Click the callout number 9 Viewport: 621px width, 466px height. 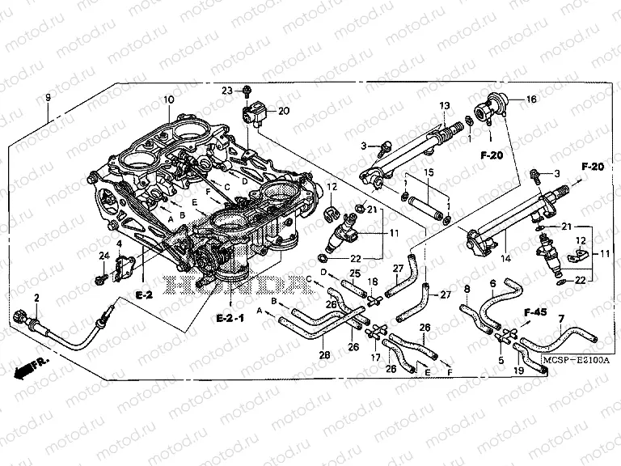(x=48, y=98)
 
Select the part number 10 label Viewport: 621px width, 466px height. (x=169, y=100)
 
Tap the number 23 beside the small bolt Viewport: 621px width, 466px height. (x=228, y=90)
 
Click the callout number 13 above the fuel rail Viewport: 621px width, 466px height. (x=444, y=106)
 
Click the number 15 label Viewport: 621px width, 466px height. (x=429, y=172)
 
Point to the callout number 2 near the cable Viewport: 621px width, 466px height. (x=37, y=299)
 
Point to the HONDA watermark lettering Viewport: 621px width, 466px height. (x=230, y=286)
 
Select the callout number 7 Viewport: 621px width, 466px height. (x=560, y=320)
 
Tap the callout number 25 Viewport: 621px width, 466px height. (x=355, y=273)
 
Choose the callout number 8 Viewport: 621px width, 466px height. (x=467, y=289)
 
